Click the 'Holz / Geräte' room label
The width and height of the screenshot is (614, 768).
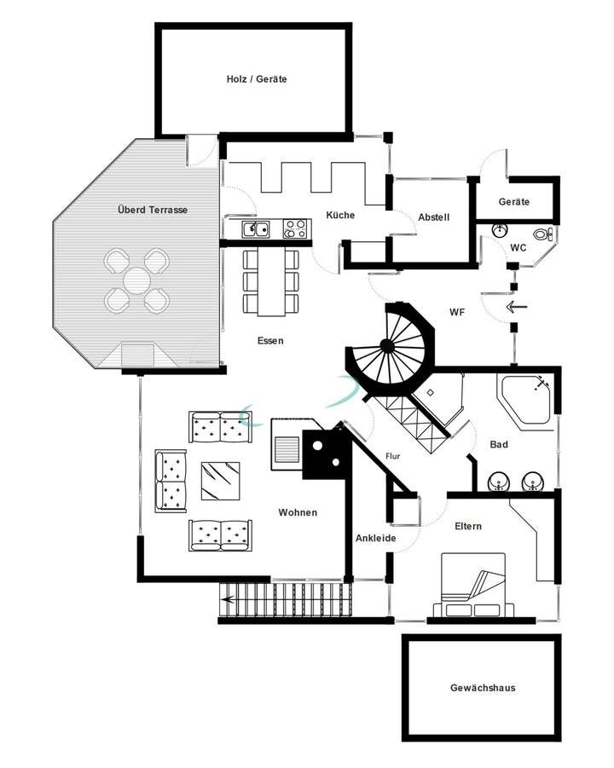pyautogui.click(x=256, y=79)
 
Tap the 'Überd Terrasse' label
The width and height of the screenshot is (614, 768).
pyautogui.click(x=153, y=210)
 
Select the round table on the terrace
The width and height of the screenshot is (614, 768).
pyautogui.click(x=136, y=279)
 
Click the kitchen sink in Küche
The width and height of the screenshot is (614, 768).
pyautogui.click(x=255, y=228)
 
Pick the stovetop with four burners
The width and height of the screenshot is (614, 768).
pyautogui.click(x=294, y=228)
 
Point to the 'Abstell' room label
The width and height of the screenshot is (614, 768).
pyautogui.click(x=433, y=218)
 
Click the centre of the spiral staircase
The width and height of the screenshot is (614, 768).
pyautogui.click(x=386, y=345)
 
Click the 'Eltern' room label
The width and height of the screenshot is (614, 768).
pyautogui.click(x=467, y=526)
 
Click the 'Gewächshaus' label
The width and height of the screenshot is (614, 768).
pyautogui.click(x=483, y=688)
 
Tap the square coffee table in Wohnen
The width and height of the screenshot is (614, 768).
pyautogui.click(x=221, y=481)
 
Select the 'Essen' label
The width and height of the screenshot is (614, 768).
pyautogui.click(x=270, y=341)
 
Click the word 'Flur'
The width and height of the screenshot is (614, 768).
pyautogui.click(x=392, y=456)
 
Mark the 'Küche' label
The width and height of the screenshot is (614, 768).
pyautogui.click(x=340, y=216)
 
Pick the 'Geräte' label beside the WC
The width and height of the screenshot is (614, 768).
pyautogui.click(x=514, y=202)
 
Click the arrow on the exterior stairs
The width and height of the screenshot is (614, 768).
pyautogui.click(x=229, y=600)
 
